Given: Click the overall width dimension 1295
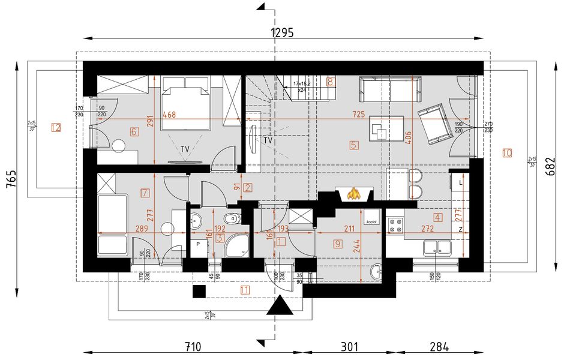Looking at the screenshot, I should (282, 33).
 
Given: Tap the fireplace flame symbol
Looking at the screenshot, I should (355, 194).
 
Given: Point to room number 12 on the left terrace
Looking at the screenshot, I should (56, 127).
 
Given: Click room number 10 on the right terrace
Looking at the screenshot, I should (507, 153).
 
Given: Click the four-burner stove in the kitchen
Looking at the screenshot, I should (396, 226).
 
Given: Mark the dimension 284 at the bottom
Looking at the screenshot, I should (439, 346).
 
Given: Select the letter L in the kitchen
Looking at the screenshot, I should (460, 181).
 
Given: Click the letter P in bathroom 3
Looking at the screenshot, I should (197, 245).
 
